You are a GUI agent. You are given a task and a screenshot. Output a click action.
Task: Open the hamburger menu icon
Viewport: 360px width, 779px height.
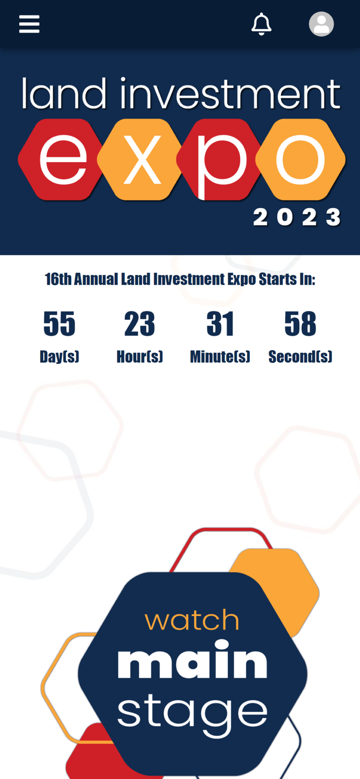coord(29,24)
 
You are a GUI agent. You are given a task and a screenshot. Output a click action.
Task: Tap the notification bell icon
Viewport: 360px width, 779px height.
coord(261,24)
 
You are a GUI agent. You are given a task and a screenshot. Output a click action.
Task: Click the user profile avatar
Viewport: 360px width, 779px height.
coord(321,24)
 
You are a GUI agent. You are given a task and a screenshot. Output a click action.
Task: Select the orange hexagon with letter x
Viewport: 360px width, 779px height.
coord(140,159)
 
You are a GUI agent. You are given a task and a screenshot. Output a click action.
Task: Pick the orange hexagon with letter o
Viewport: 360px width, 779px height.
coord(300,159)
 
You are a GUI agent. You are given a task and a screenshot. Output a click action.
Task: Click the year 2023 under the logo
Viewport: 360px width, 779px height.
coord(297,217)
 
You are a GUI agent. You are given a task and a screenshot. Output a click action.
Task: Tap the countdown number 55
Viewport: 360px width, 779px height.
coord(59,324)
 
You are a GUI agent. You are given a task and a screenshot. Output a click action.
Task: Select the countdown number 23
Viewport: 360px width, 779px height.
coord(139,324)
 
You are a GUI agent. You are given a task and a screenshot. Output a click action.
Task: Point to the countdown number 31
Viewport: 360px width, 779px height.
coord(220,324)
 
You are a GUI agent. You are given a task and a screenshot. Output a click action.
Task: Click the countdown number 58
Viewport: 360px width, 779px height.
coord(300,324)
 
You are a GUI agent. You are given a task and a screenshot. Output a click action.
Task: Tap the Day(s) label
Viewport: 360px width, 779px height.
coord(59,357)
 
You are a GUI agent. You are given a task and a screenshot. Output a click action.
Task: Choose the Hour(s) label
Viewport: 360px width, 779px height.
coord(139,357)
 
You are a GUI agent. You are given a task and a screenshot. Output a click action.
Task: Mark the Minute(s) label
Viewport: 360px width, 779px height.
coord(220,357)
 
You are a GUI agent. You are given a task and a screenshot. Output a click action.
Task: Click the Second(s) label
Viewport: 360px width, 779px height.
coord(300,357)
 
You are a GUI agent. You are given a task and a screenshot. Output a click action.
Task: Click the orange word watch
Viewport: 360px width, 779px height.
coord(192,620)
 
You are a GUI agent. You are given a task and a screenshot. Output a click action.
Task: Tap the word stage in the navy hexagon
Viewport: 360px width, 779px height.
coord(192,713)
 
